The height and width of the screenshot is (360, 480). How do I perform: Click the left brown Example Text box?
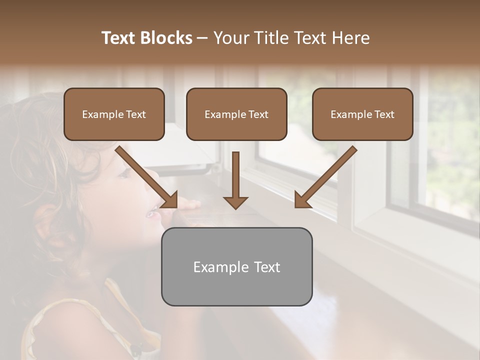tap(114, 114)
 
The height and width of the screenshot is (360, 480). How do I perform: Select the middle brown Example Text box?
tap(236, 114)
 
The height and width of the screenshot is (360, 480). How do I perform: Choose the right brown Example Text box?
tap(362, 114)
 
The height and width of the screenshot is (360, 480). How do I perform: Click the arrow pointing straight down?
tap(235, 180)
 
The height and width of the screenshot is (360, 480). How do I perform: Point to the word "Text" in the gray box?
tap(267, 267)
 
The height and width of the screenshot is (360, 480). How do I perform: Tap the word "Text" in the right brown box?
tap(384, 114)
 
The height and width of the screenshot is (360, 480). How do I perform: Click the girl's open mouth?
tap(150, 213)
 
